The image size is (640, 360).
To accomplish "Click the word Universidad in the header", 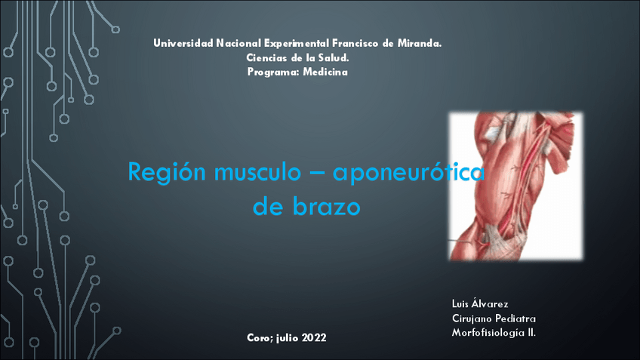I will pos(183,43).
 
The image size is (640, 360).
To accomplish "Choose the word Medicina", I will pos(325,72).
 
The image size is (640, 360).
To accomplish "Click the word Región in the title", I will pos(155,172).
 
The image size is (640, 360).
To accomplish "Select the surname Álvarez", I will pos(490,303).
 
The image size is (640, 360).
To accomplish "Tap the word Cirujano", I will pos(472,318).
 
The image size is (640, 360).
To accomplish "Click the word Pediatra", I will pos(516,318).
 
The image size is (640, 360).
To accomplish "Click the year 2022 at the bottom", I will pos(314,338).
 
